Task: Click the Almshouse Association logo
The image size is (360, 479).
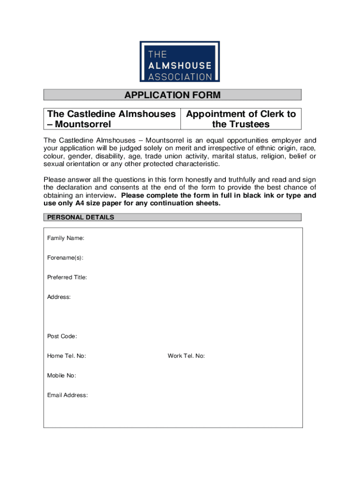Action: [x=180, y=62]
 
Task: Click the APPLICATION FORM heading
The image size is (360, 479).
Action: [x=172, y=95]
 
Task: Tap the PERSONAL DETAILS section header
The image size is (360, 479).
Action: [x=81, y=218]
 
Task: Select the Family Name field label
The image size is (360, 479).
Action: [x=65, y=239]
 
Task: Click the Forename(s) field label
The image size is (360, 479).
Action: [x=65, y=258]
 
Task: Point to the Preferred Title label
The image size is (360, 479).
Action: [x=67, y=278]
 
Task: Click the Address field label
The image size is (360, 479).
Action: [x=59, y=298]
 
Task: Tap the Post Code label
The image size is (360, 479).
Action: [x=62, y=337]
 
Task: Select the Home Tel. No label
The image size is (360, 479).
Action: [x=66, y=356]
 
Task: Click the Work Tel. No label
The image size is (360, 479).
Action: [x=186, y=356]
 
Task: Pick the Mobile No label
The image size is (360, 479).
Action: [x=61, y=376]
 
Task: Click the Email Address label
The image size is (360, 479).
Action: [x=67, y=396]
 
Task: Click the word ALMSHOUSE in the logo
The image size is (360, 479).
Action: [x=180, y=65]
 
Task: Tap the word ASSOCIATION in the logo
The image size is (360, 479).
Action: [x=180, y=76]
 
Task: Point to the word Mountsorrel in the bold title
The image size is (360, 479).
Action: [x=82, y=124]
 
